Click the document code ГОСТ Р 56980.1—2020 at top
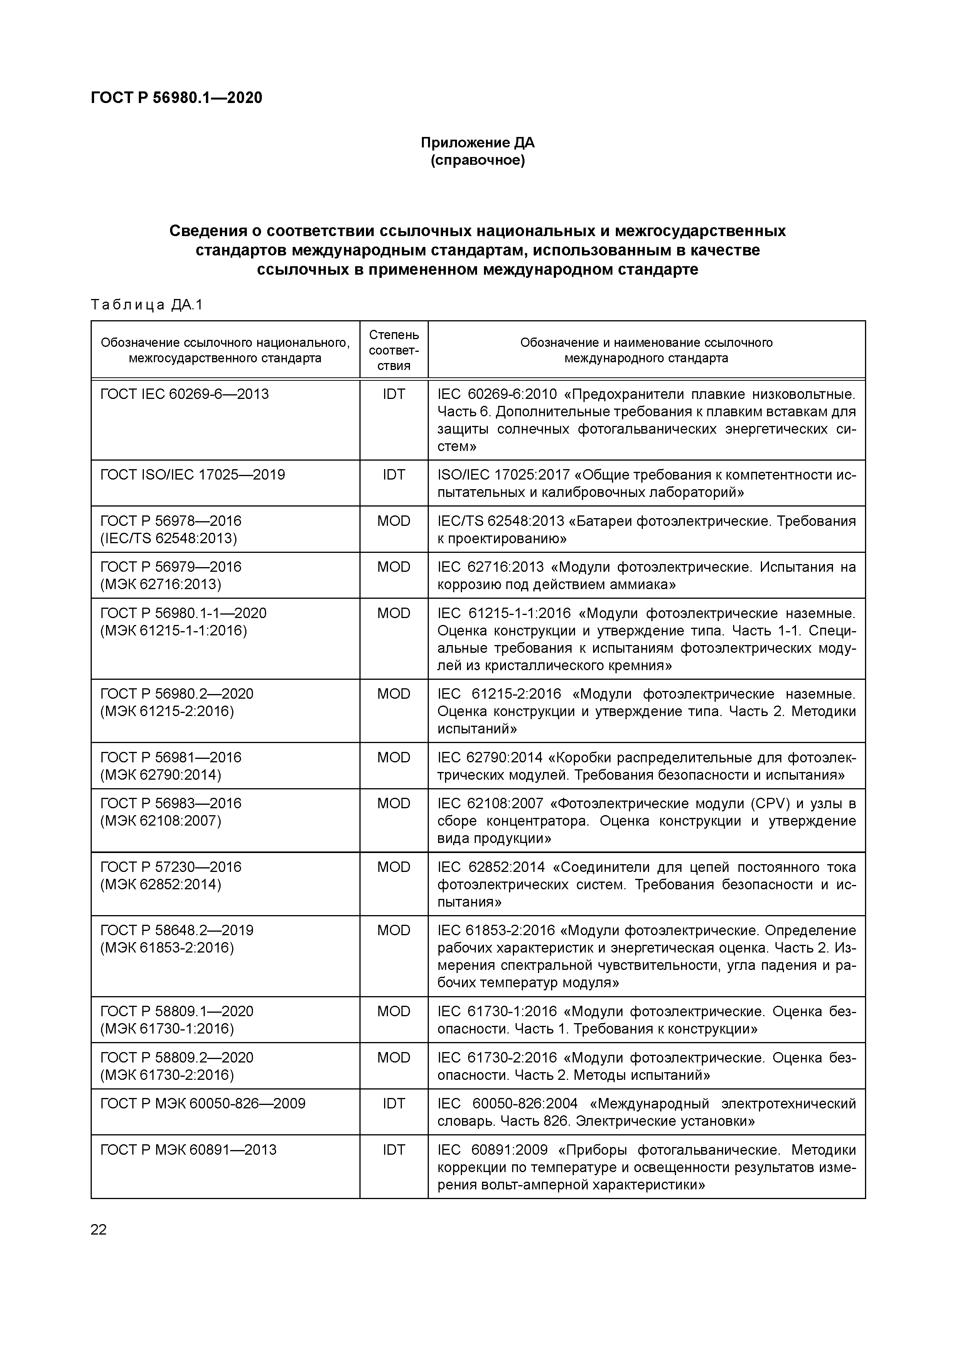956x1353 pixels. (x=177, y=98)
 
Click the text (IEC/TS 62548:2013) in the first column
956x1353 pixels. (x=169, y=538)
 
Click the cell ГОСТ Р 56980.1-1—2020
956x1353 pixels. (x=183, y=613)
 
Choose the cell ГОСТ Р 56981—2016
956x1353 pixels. (x=171, y=757)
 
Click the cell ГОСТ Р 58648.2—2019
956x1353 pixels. (x=177, y=931)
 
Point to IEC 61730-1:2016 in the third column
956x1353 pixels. (x=497, y=1012)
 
